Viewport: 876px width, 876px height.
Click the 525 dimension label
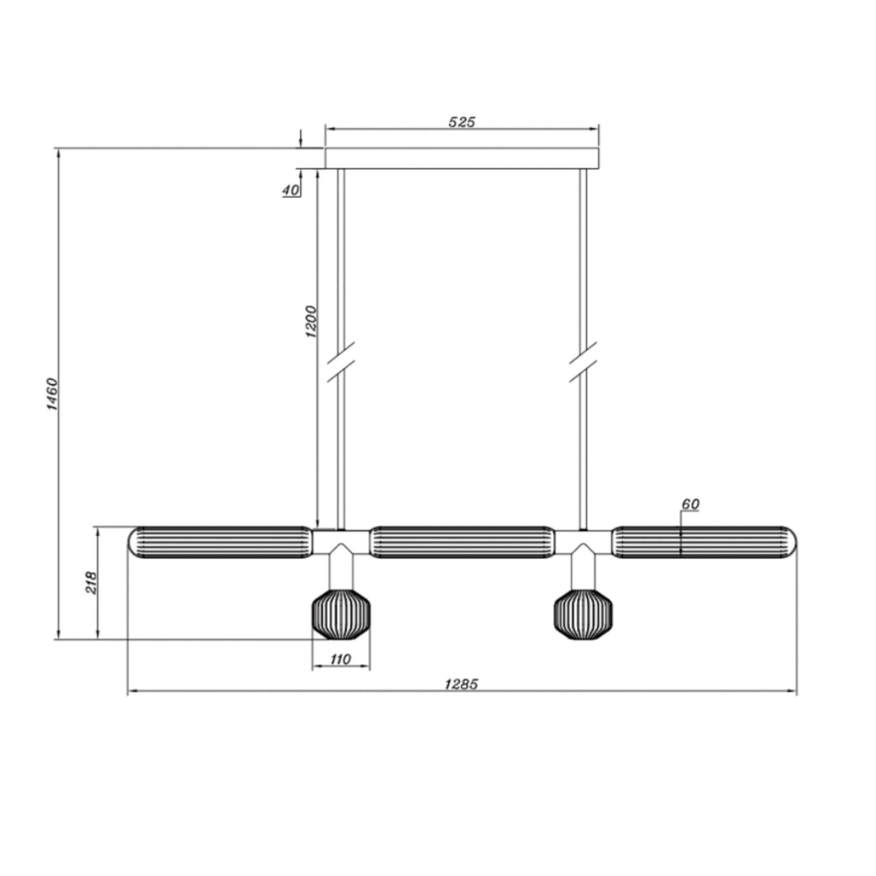[x=461, y=122]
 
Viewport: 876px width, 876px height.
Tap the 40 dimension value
[x=291, y=190]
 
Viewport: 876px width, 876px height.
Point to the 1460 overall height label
[x=52, y=394]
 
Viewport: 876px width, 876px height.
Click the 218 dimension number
[x=91, y=583]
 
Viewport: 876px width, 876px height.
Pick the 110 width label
[x=340, y=659]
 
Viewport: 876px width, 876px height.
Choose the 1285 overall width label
[x=461, y=684]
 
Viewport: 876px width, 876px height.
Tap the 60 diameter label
[x=690, y=504]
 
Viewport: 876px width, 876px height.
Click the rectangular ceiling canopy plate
[x=462, y=158]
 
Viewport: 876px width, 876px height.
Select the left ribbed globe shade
[x=341, y=614]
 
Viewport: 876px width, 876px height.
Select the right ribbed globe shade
[x=583, y=614]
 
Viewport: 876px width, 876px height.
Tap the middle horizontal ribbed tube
[x=462, y=542]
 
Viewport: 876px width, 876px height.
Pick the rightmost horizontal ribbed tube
[x=704, y=542]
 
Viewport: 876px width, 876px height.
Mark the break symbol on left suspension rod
[x=341, y=362]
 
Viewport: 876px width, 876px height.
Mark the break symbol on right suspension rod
[x=583, y=362]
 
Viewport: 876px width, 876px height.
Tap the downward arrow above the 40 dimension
[x=301, y=139]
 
